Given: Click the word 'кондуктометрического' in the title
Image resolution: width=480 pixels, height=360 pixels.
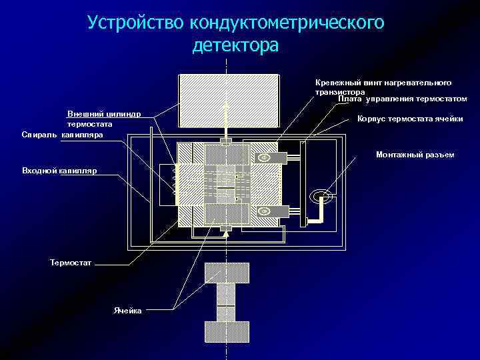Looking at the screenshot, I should click(x=287, y=24).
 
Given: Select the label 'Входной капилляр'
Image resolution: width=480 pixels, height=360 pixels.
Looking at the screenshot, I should click(x=59, y=171).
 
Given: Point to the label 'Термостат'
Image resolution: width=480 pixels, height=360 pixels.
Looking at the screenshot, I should click(x=70, y=263).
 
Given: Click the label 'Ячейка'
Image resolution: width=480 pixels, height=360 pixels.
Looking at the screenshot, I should click(x=127, y=311).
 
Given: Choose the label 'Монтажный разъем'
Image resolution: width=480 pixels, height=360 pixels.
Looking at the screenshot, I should click(x=415, y=155).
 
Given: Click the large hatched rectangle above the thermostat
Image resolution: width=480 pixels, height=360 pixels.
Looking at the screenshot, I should click(x=228, y=99).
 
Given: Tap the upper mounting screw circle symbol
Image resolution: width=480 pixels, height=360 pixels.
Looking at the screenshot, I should click(x=264, y=157).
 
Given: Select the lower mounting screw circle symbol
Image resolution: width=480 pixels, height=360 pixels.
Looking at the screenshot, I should click(x=264, y=211).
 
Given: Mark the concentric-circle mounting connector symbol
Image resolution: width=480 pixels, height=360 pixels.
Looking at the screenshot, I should click(x=321, y=196).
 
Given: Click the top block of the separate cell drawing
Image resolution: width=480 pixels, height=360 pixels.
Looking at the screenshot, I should click(x=227, y=273).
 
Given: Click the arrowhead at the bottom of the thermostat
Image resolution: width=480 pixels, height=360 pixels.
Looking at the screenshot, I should click(x=227, y=233).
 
